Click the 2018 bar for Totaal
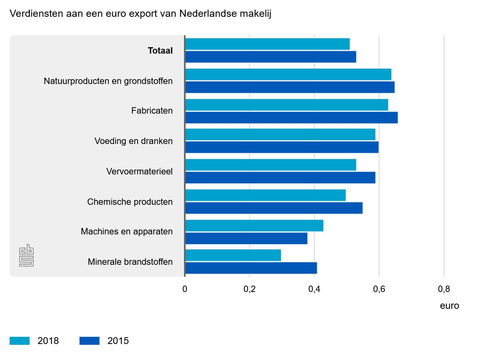coord(268,44)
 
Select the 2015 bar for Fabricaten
coord(292,118)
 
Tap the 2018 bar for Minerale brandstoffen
coord(233,255)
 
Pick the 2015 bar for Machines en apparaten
coord(246,238)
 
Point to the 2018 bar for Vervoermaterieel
coord(271,165)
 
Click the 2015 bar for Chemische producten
coord(274,208)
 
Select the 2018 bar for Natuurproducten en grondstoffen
coord(288,74)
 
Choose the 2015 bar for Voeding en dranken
coord(282,147)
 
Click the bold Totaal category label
coord(160,50)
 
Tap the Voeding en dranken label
coord(134,141)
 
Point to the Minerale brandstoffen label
coord(130,262)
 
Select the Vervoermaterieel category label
coord(140,171)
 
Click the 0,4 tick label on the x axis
coord(314,289)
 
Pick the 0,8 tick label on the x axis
coord(444,289)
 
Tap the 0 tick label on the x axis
coord(185,289)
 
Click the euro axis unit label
coord(449,306)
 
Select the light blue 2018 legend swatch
coord(20,341)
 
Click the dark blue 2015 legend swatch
coord(90,341)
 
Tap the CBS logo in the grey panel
coord(26,256)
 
